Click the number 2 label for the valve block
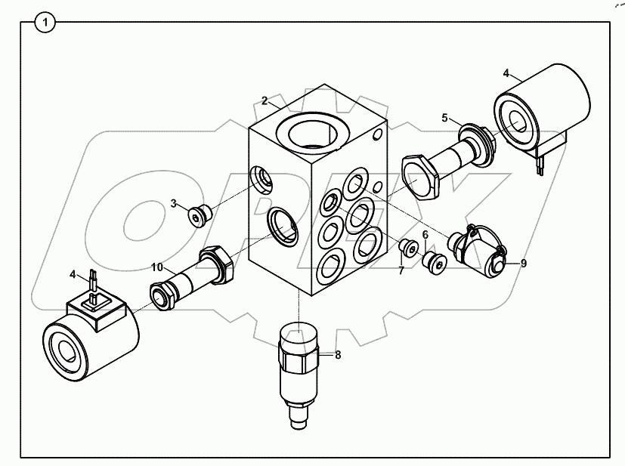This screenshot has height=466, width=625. click(x=265, y=100)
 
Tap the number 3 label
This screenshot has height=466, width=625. click(x=173, y=203)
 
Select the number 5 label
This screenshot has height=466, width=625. click(x=445, y=118)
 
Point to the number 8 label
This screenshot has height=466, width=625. click(x=338, y=354)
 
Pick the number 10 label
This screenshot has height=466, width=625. click(x=156, y=267)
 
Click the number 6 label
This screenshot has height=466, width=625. click(x=425, y=236)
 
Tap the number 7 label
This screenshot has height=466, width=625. click(x=401, y=270)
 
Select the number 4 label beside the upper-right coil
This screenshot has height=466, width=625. click(x=507, y=73)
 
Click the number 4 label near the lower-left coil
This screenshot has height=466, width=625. click(x=73, y=273)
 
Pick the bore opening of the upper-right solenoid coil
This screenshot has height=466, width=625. click(x=521, y=121)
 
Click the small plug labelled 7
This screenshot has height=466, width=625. click(x=408, y=248)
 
